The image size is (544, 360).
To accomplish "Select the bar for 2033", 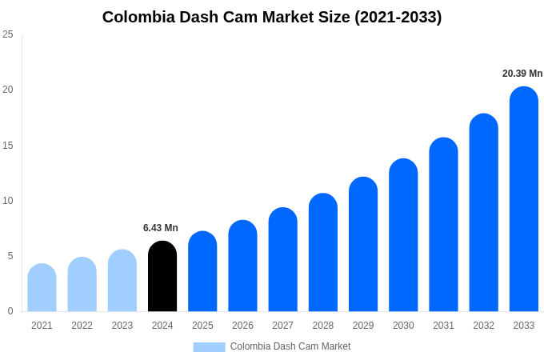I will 524,199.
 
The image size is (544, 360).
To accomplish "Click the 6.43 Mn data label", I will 161,228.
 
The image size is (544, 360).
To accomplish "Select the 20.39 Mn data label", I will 522,74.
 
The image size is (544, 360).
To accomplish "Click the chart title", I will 272,17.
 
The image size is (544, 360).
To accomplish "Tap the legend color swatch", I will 209,346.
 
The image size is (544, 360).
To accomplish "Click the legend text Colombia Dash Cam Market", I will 290,346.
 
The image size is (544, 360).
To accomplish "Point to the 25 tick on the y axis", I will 8,34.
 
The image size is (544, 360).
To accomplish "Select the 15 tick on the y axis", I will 8,145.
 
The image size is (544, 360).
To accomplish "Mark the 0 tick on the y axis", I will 10,311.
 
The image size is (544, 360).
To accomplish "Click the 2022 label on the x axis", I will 82,326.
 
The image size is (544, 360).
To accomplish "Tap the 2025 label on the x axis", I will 202,326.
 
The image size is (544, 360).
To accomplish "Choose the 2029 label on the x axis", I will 363,326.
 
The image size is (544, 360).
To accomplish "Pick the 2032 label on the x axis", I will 483,326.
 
